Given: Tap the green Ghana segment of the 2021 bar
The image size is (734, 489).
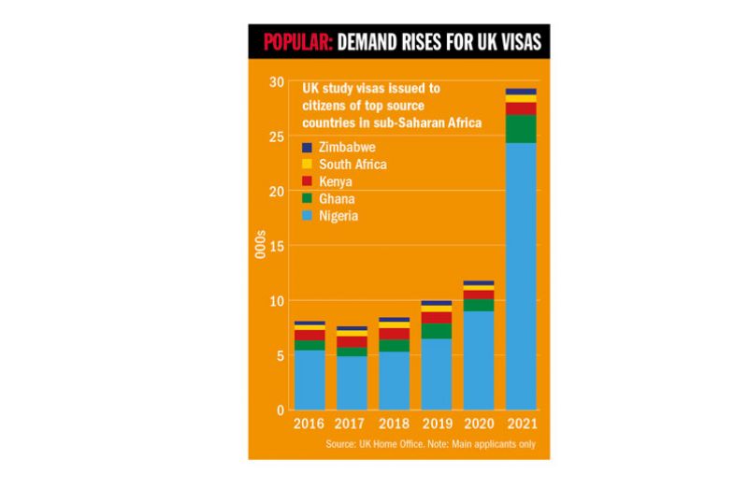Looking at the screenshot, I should click(x=521, y=129).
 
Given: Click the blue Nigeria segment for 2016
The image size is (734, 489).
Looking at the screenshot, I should click(x=310, y=380).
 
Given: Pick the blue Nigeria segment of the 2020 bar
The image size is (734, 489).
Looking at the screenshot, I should click(x=479, y=360).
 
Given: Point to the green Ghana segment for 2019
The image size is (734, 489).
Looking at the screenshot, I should click(x=437, y=331).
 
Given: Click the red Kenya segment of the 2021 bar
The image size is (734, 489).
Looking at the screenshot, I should click(x=521, y=108).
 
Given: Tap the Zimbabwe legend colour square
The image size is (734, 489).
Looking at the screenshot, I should click(x=307, y=148).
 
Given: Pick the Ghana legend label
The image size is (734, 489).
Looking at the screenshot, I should click(x=336, y=198).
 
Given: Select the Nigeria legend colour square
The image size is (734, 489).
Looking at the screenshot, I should click(x=307, y=216).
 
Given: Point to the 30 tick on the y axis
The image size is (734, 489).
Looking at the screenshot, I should click(x=276, y=82).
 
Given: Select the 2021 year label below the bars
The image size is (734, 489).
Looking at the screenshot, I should click(x=521, y=424).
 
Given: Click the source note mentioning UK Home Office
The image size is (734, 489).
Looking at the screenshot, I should click(x=431, y=443).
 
